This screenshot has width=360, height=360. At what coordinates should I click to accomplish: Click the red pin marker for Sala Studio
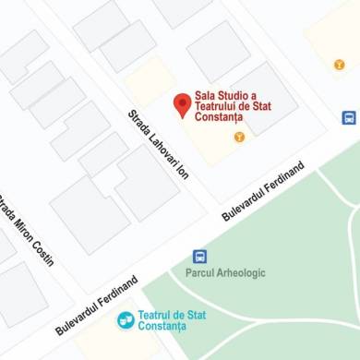[183, 104]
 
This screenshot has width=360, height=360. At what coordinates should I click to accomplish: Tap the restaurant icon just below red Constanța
[239, 137]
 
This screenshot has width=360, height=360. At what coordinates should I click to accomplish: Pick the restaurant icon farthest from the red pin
[340, 64]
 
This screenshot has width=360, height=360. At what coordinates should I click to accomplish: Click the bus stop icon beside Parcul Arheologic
[199, 257]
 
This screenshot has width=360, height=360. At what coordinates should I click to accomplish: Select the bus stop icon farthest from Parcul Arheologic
[349, 118]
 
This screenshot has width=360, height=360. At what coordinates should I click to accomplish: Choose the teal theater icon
[126, 319]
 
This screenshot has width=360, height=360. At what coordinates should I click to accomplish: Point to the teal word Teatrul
[156, 315]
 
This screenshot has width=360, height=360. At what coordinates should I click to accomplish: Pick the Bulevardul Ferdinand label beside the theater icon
[96, 305]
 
